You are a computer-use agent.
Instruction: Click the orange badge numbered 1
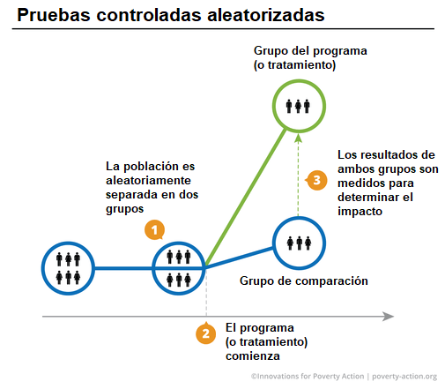154,229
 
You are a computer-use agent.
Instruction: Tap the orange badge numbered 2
206,333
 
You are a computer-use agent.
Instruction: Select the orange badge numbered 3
316,180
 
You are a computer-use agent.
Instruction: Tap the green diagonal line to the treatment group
246,198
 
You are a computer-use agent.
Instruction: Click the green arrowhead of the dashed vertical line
299,138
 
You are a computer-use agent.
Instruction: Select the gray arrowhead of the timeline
389,317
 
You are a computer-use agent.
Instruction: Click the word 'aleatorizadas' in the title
266,15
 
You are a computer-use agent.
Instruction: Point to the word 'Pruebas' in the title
54,15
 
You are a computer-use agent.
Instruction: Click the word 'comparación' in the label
331,281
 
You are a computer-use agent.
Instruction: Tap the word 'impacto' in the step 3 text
360,212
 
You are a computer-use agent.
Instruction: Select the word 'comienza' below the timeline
253,356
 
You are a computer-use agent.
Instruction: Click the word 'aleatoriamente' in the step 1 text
148,180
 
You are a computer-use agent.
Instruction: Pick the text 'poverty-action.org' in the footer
404,377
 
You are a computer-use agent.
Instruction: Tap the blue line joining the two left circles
123,268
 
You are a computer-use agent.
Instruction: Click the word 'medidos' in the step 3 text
357,183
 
